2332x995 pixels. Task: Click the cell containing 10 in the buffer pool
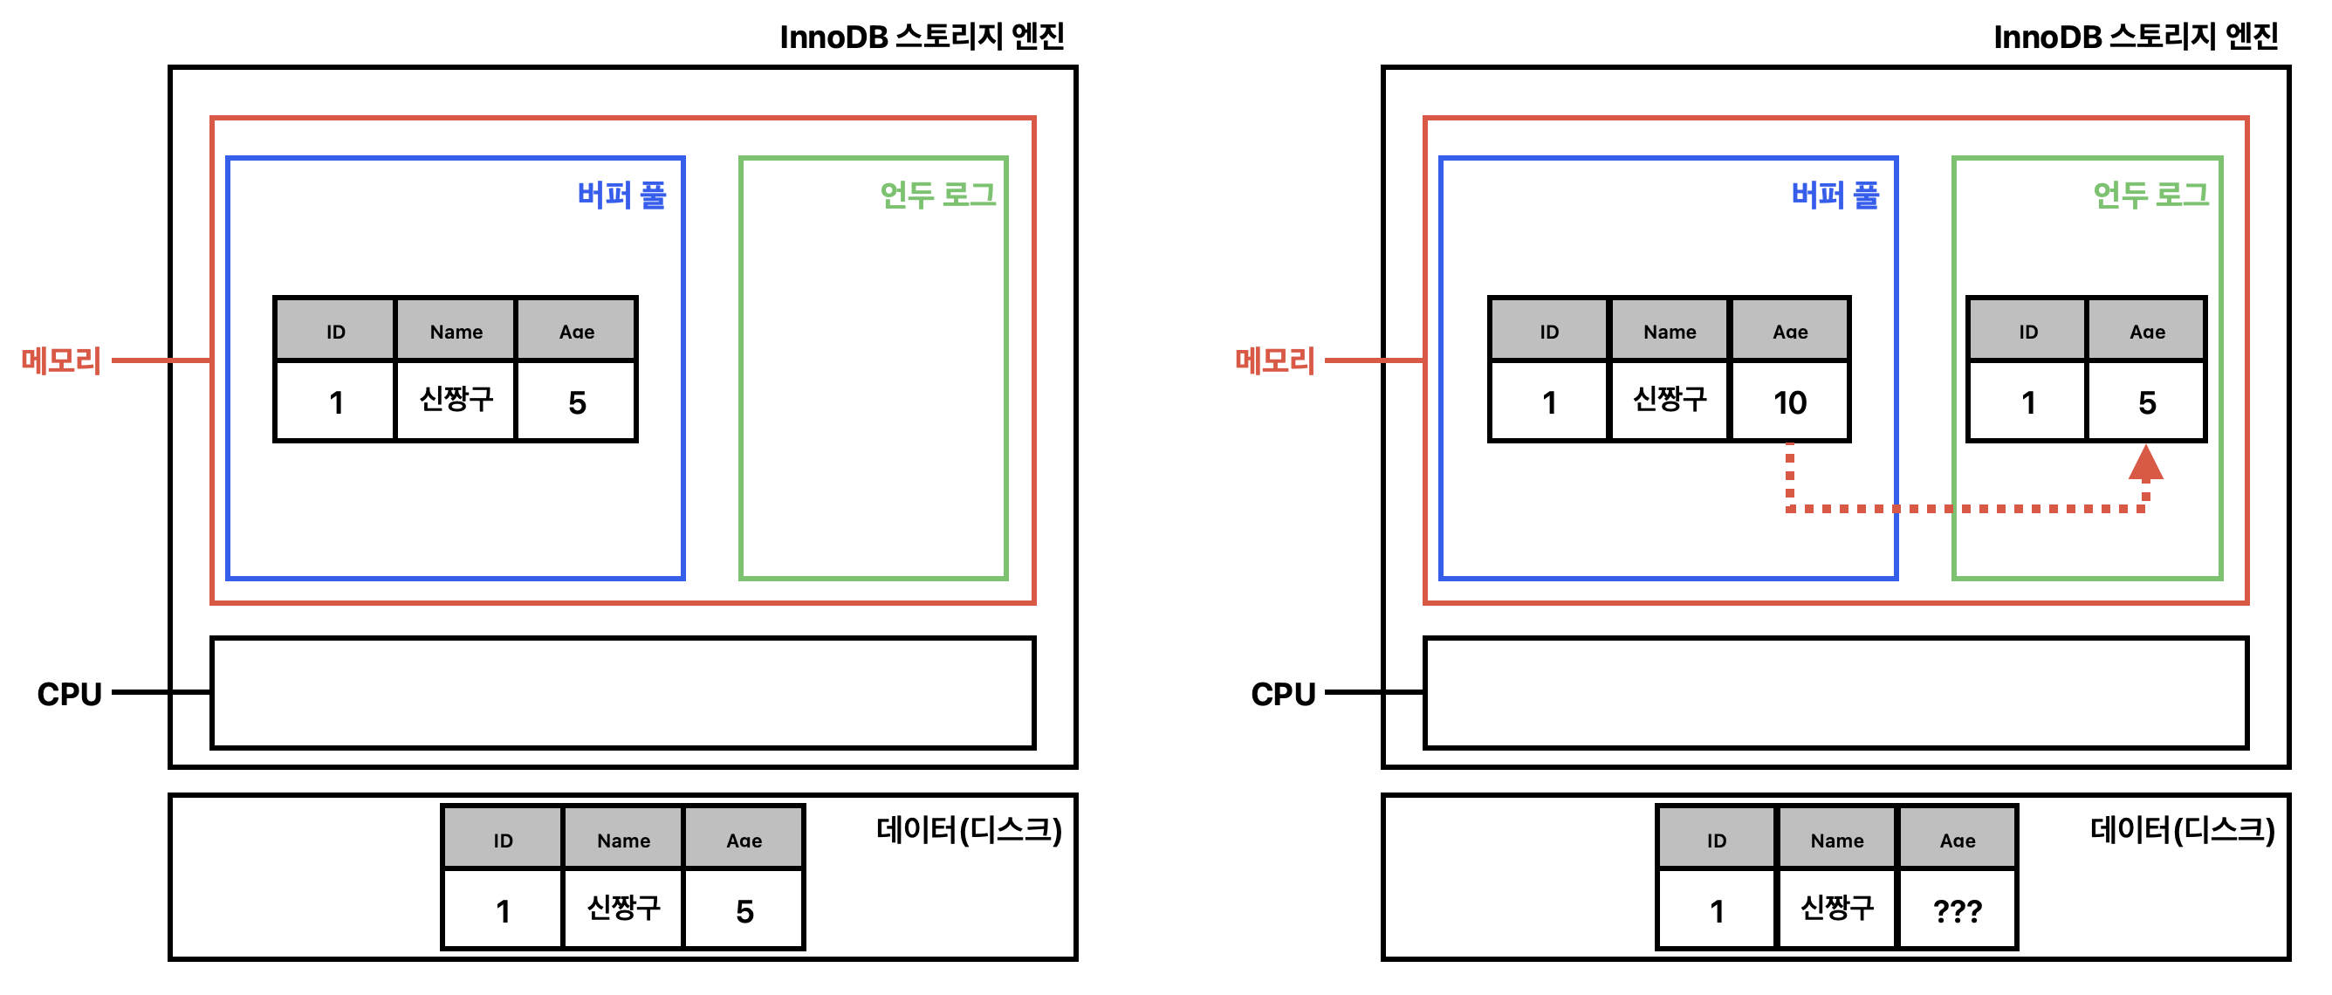point(1790,402)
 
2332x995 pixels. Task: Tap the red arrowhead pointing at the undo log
point(2145,463)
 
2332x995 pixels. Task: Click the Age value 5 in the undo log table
point(2146,402)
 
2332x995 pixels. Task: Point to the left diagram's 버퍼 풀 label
point(622,195)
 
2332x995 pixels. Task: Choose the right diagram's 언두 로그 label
point(2151,195)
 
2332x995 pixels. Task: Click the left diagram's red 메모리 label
point(62,360)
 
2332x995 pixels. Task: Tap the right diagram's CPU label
point(1283,695)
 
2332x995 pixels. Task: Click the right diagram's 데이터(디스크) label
point(2182,829)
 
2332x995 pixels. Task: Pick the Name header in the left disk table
point(624,841)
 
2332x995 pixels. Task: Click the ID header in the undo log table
point(2027,332)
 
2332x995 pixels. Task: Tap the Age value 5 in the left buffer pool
point(577,402)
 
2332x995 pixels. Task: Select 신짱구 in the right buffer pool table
point(1670,399)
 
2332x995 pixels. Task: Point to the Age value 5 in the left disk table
point(744,911)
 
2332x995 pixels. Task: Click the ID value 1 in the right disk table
point(1717,911)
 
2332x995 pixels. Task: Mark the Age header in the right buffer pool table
point(1790,332)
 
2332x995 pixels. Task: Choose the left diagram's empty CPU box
point(623,694)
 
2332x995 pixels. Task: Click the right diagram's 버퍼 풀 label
point(1835,195)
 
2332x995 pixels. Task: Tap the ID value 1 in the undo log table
point(2027,402)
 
